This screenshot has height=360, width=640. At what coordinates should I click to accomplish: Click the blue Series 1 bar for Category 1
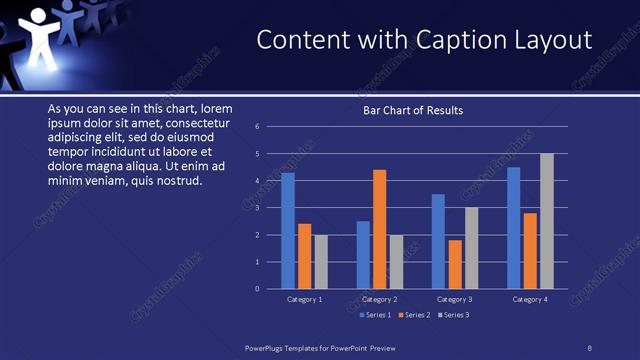pyautogui.click(x=288, y=231)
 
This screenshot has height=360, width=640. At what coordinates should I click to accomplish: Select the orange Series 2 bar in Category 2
pyautogui.click(x=380, y=229)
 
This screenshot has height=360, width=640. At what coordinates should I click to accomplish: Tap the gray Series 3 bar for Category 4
pyautogui.click(x=547, y=221)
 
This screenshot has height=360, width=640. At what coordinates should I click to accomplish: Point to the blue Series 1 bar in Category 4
pyautogui.click(x=514, y=228)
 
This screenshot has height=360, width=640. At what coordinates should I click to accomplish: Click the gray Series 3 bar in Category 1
pyautogui.click(x=321, y=262)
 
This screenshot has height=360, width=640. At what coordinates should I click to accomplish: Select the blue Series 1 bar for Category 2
pyautogui.click(x=363, y=255)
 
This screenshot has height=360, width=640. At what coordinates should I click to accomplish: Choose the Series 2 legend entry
pyautogui.click(x=415, y=315)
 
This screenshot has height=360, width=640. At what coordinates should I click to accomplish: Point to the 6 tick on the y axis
pyautogui.click(x=258, y=127)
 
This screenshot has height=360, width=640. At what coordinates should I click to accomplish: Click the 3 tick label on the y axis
pyautogui.click(x=258, y=208)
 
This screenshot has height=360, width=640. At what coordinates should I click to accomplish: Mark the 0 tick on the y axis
pyautogui.click(x=258, y=289)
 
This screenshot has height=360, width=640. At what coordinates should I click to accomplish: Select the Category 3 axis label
pyautogui.click(x=455, y=300)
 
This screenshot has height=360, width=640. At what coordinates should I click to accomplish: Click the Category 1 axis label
pyautogui.click(x=305, y=300)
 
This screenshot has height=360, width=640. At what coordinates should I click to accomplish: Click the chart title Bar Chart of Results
pyautogui.click(x=413, y=110)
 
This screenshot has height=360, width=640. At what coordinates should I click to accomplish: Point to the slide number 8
pyautogui.click(x=589, y=347)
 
